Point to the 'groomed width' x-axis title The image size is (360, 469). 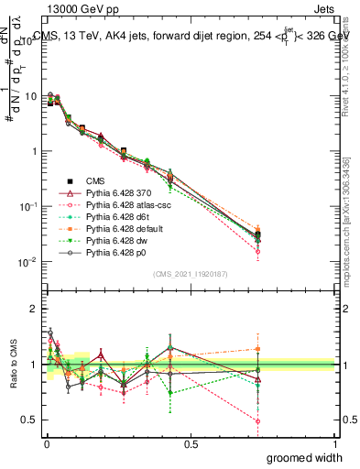tap(305, 457)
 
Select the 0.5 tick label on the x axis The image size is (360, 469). tap(191, 443)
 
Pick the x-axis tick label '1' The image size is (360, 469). tap(335, 443)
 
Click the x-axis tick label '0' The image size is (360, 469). tap(46, 443)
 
